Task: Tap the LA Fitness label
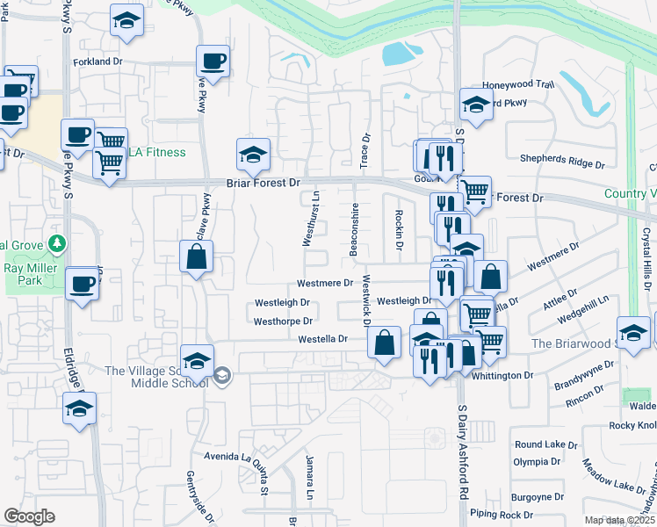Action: [x=157, y=153]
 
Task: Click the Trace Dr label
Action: [x=365, y=151]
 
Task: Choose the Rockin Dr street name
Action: [x=398, y=230]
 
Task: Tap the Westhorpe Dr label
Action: [x=283, y=321]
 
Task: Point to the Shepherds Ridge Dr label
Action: [x=575, y=164]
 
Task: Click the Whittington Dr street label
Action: [x=503, y=375]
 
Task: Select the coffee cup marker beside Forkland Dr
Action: [x=213, y=61]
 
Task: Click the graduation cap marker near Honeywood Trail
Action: [x=476, y=105]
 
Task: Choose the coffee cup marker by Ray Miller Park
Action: [x=83, y=283]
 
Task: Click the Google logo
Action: [x=29, y=516]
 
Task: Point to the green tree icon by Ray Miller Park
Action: [x=58, y=243]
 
